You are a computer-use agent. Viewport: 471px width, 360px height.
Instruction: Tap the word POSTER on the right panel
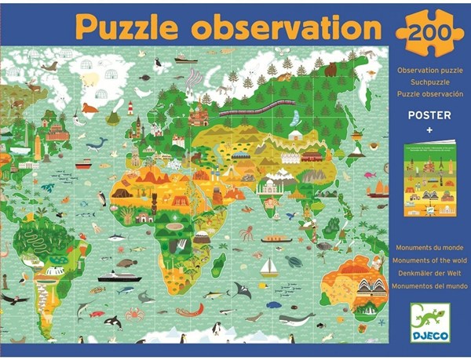point(425,113)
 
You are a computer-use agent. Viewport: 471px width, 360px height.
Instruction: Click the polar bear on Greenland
point(90,78)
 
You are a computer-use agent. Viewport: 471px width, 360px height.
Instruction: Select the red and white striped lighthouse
point(130,107)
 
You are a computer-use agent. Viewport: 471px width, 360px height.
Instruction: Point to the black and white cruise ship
point(118,276)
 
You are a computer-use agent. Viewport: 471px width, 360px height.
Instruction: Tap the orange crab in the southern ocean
point(134,314)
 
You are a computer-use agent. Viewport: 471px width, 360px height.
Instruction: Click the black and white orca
point(113,321)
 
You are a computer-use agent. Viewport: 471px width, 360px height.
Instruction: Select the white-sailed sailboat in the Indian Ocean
point(269,267)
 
